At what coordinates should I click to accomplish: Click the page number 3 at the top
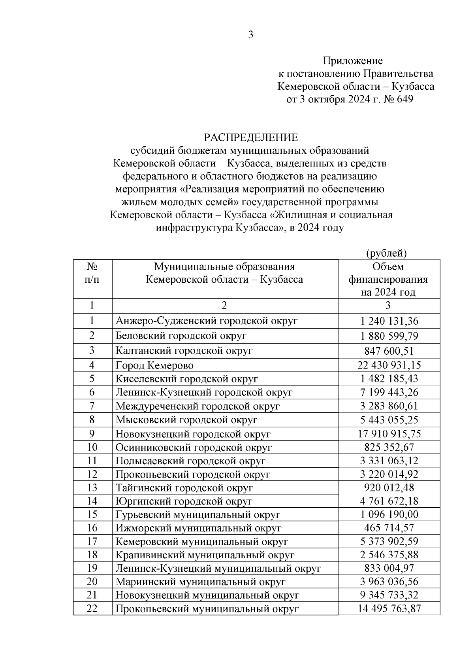pyautogui.click(x=250, y=35)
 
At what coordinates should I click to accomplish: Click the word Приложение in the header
pyautogui.click(x=353, y=61)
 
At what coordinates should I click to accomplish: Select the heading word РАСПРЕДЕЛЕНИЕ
pyautogui.click(x=250, y=138)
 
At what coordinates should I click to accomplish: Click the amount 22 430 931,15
pyautogui.click(x=389, y=365)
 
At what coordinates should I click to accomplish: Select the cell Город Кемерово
pyautogui.click(x=154, y=365)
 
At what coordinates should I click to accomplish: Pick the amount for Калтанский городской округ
pyautogui.click(x=389, y=351)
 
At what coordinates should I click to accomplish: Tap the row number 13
pyautogui.click(x=92, y=488)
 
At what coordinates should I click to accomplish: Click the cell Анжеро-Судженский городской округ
pyautogui.click(x=206, y=321)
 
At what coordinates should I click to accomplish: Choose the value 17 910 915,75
pyautogui.click(x=389, y=434)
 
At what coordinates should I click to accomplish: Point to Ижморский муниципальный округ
pyautogui.click(x=198, y=528)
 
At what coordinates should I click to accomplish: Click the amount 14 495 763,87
pyautogui.click(x=389, y=609)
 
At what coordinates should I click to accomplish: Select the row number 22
pyautogui.click(x=92, y=609)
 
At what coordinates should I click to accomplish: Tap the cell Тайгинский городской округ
pyautogui.click(x=184, y=488)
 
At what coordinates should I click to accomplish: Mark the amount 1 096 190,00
pyautogui.click(x=389, y=514)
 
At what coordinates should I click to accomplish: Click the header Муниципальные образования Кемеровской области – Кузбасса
pyautogui.click(x=224, y=273)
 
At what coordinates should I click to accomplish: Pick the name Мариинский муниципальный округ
pyautogui.click(x=200, y=582)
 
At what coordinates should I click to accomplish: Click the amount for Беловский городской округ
pyautogui.click(x=389, y=336)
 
